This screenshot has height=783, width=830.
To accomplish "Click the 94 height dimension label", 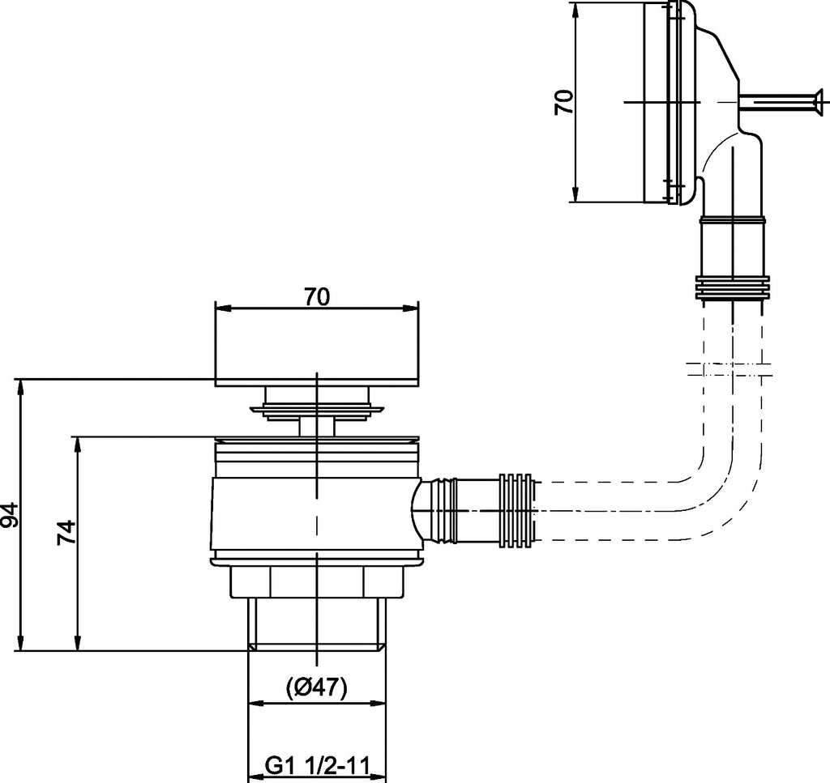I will point(10,514).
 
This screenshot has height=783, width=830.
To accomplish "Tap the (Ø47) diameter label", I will point(316,687).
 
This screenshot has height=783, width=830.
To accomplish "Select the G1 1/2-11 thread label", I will point(315,765).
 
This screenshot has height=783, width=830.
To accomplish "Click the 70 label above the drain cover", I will point(317,297).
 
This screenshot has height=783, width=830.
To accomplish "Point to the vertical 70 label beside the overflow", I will point(564,102).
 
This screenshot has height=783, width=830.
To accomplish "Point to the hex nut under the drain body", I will point(316,581).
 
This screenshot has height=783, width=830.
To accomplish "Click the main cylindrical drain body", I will point(316,518).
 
